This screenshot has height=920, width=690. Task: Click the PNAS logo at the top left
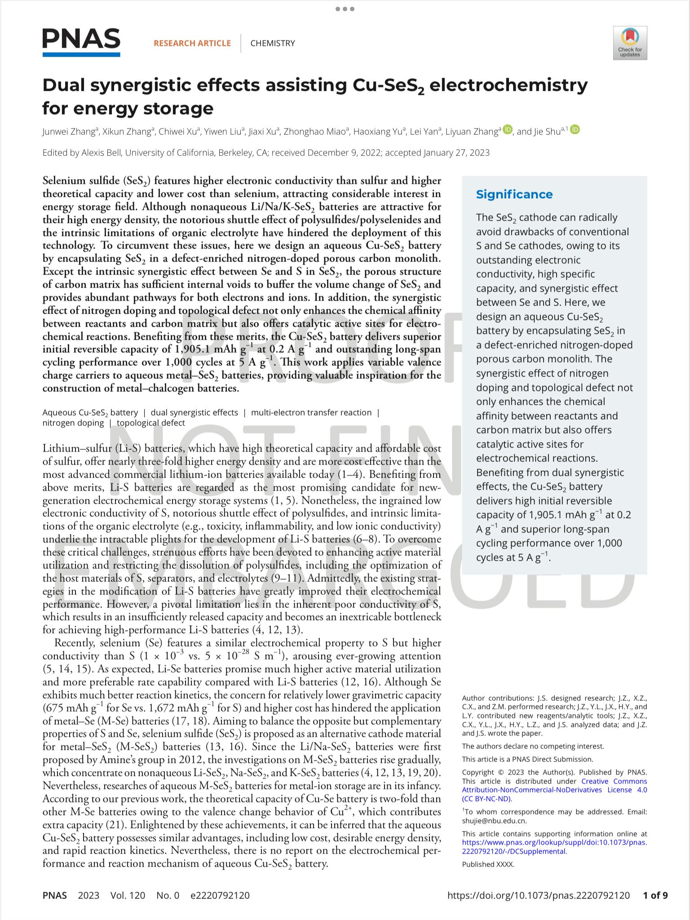coord(81,42)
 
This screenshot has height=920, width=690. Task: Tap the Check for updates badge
coord(630,43)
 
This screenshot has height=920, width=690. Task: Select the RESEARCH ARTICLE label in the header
coord(192,43)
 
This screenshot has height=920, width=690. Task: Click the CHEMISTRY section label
coord(272,43)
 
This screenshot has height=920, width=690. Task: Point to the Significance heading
coord(514,194)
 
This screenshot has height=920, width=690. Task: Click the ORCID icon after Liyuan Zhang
coord(508,130)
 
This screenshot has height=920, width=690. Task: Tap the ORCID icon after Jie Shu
coord(575,130)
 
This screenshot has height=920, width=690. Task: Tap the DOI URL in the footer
coord(539,895)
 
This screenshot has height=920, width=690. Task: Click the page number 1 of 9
coord(655,895)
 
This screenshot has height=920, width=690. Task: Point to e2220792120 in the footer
coord(220,895)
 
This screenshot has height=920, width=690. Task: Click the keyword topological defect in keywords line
coord(150,423)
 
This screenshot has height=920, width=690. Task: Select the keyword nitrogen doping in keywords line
coord(73,423)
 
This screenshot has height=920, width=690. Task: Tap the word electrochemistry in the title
coord(509,85)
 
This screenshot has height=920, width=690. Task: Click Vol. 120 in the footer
coord(128,895)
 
